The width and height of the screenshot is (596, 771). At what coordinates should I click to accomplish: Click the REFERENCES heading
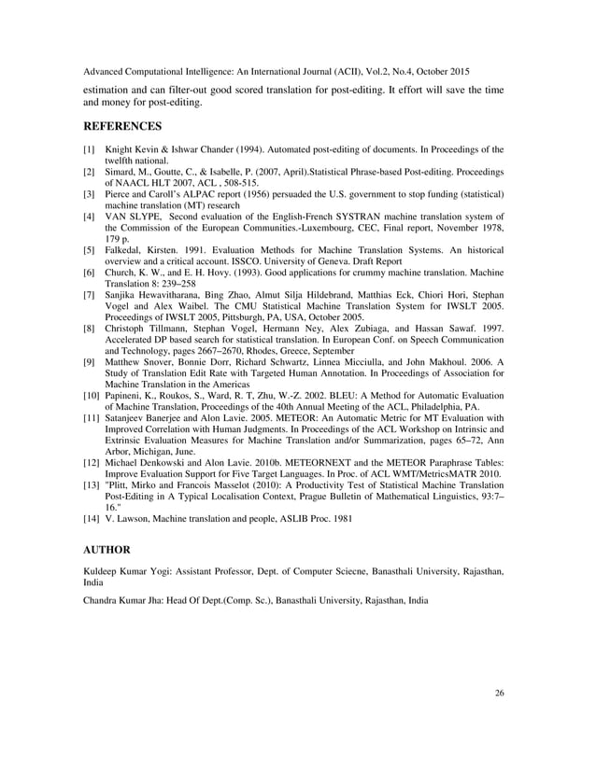click(x=123, y=125)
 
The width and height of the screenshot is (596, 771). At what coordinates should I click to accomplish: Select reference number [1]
click(x=89, y=149)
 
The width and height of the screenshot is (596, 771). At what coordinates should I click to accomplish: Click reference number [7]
click(x=89, y=295)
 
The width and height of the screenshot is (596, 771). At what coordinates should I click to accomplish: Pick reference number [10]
click(x=91, y=396)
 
